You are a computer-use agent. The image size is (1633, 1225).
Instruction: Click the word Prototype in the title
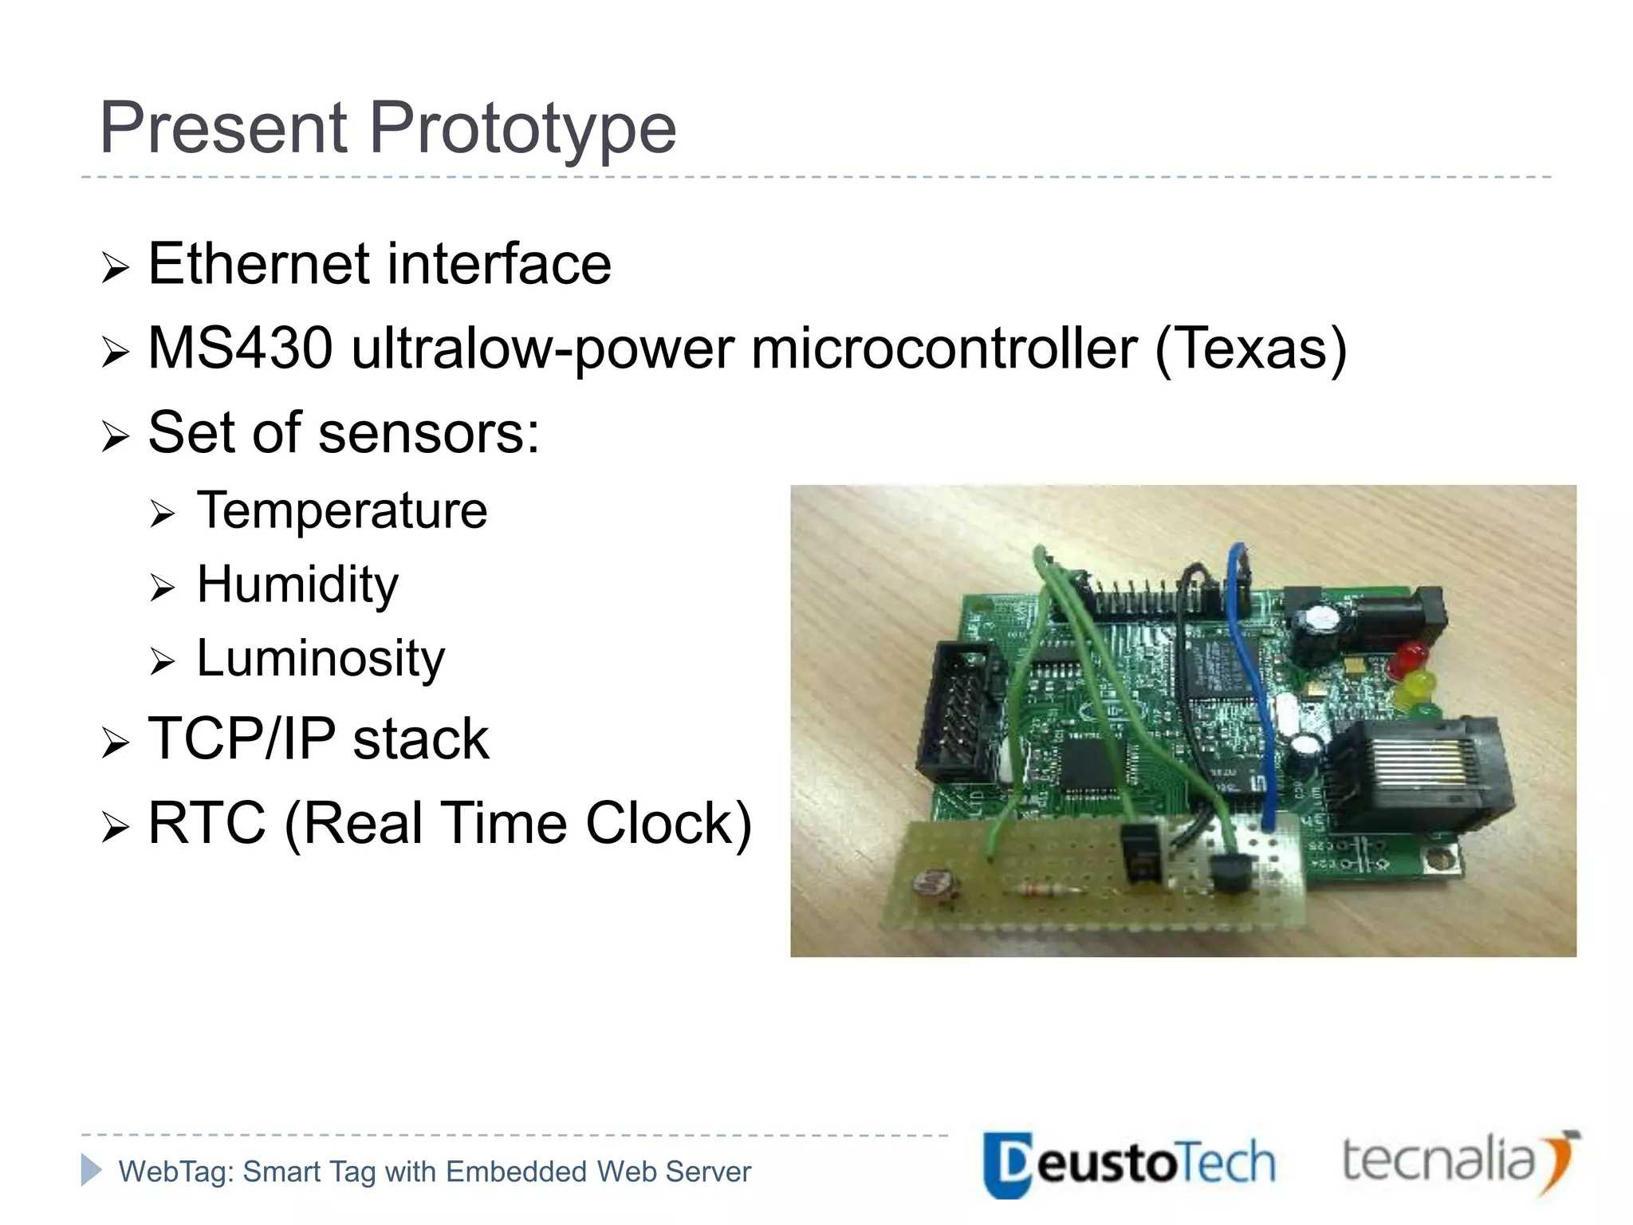tap(522, 128)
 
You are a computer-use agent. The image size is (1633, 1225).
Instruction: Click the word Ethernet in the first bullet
tap(258, 264)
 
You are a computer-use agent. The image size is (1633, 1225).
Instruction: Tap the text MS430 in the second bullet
tap(239, 349)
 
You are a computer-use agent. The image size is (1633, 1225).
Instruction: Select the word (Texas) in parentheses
tap(1249, 349)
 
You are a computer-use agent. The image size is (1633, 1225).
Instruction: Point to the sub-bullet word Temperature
tap(341, 510)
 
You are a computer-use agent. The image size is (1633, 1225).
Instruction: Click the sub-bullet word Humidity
tap(297, 585)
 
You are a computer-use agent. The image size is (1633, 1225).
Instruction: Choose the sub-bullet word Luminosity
tap(320, 659)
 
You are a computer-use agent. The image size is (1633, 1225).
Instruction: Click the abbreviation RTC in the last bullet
tap(207, 823)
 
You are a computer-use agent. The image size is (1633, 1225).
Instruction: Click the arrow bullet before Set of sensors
tap(115, 436)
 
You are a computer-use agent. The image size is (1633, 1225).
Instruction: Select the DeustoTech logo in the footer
tap(1128, 1164)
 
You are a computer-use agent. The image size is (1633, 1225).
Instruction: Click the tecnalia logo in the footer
tap(1459, 1161)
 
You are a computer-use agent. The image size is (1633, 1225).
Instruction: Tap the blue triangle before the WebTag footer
tap(91, 1170)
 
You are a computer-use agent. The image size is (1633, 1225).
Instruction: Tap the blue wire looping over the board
tap(1254, 686)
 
